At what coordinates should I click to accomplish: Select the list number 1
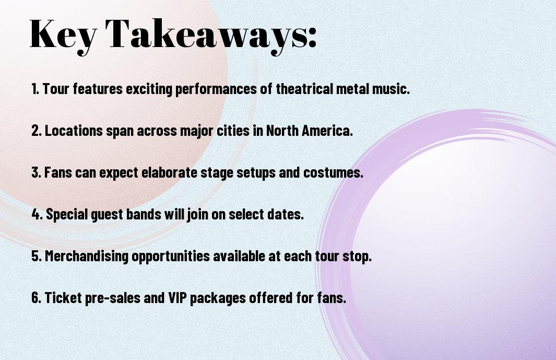[35, 89]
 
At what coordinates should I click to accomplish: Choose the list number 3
[36, 172]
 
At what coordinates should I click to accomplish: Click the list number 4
[36, 214]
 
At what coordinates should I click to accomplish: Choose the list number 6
[36, 297]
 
